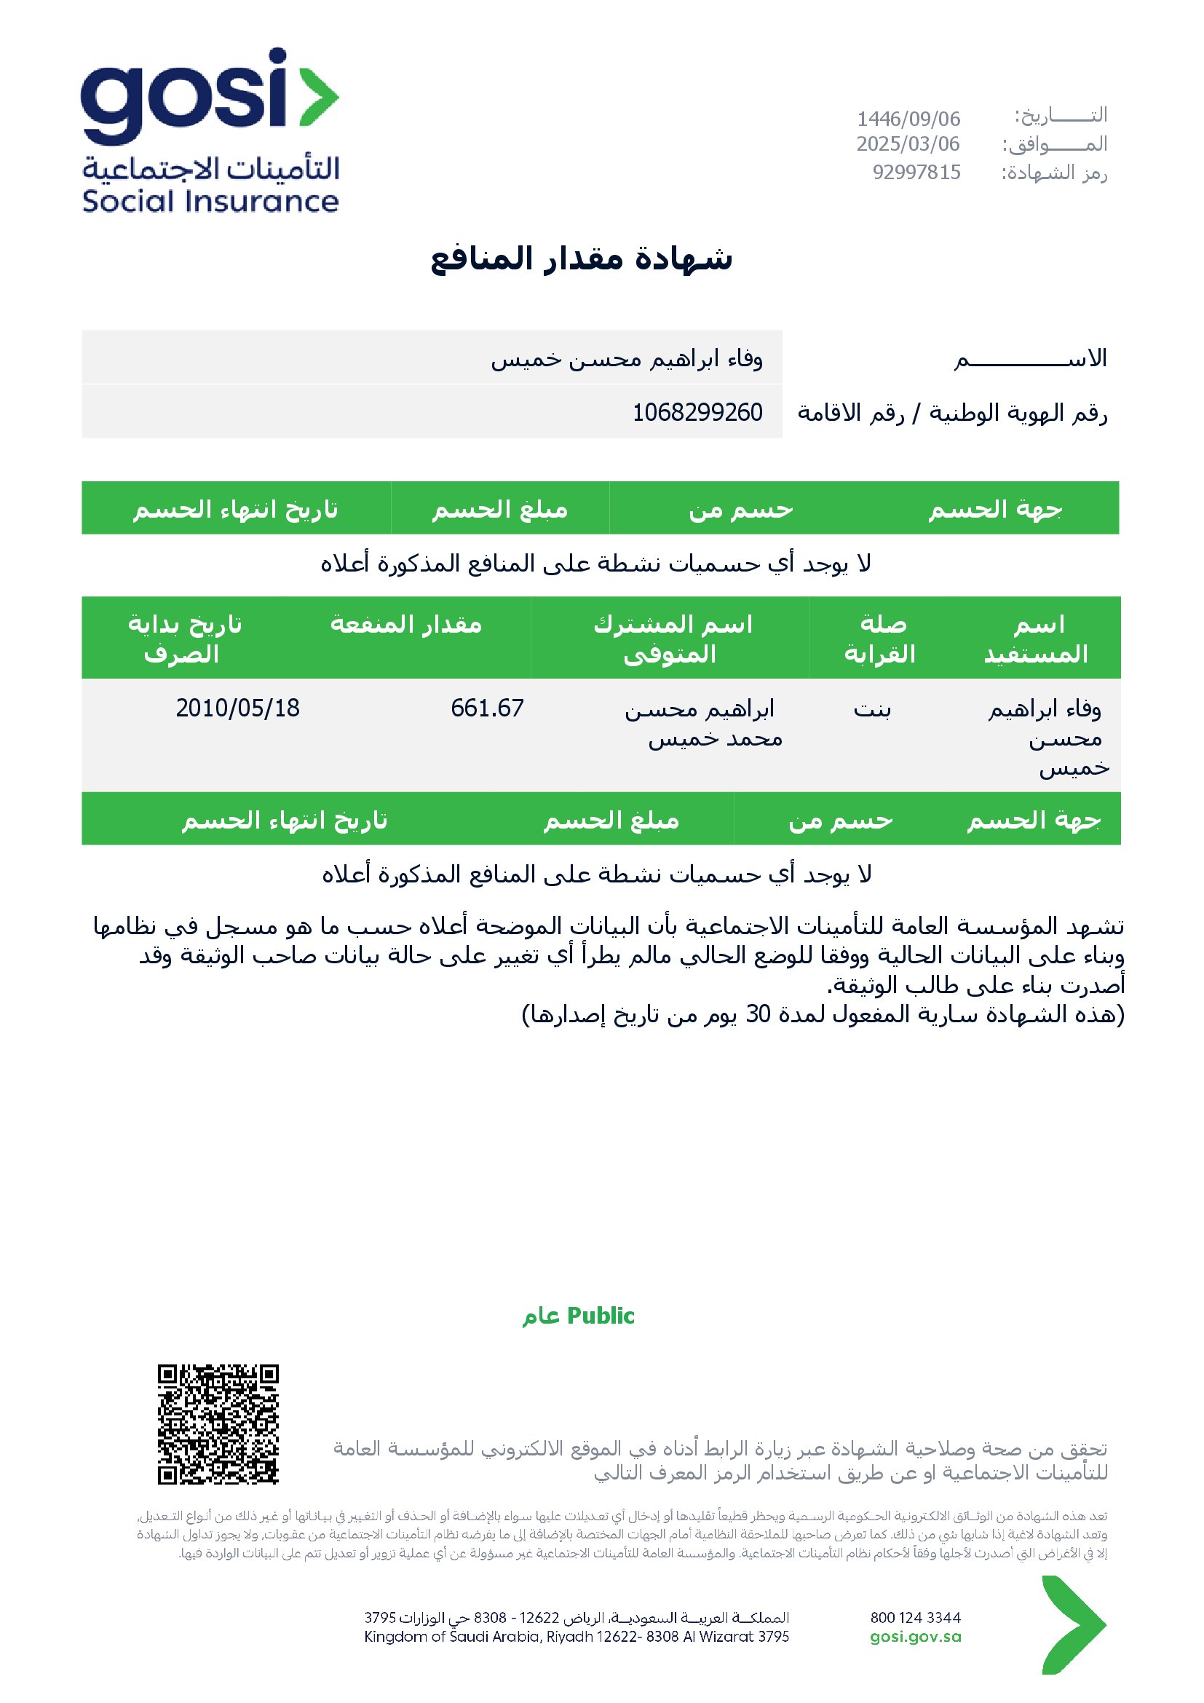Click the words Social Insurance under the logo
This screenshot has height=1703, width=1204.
pos(210,202)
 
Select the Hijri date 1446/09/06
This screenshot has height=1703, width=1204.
pos(908,119)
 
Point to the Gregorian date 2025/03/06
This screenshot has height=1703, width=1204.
pos(908,144)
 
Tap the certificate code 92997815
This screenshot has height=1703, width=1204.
pos(916,173)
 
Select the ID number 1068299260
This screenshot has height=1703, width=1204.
pos(697,412)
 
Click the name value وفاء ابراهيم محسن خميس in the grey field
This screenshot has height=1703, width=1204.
pos(627,359)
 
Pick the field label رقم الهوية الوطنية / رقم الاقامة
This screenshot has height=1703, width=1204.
pos(952,412)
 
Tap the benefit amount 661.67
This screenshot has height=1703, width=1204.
pos(487,708)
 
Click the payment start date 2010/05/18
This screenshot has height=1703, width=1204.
pos(238,708)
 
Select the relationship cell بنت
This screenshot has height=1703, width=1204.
pos(872,710)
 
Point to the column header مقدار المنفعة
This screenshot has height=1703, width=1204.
pos(406,625)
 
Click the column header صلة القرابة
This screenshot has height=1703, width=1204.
pos(881,639)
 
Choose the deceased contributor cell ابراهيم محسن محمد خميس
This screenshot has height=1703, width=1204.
pos(705,724)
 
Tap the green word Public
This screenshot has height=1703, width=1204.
pos(601,1316)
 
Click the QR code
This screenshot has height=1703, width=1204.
pos(218,1423)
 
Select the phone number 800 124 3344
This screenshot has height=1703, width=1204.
pos(916,1617)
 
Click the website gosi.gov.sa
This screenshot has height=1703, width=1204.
pos(916,1637)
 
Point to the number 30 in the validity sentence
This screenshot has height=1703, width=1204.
pos(758,1014)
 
